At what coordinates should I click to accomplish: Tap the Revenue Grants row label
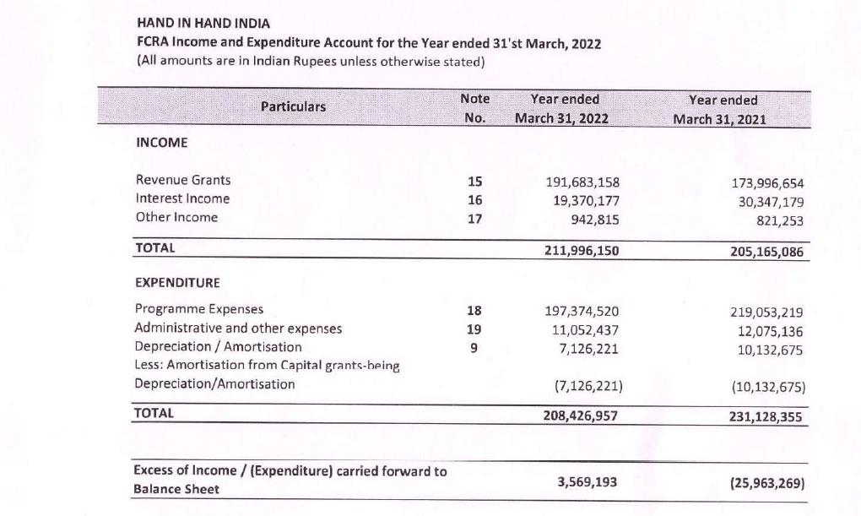(183, 180)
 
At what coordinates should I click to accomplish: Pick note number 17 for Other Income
(474, 218)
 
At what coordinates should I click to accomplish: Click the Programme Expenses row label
(199, 309)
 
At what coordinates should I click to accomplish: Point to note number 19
(474, 329)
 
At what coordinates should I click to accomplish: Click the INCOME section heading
(161, 143)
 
